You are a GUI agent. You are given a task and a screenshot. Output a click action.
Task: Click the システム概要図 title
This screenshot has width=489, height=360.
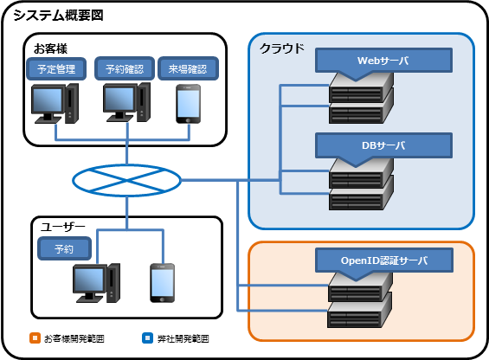tap(58, 16)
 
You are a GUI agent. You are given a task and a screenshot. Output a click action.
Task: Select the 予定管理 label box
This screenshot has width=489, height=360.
tap(56, 69)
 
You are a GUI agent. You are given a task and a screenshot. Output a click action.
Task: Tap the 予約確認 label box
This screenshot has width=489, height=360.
tap(125, 68)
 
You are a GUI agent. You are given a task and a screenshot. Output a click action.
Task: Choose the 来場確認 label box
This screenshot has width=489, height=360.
tap(188, 68)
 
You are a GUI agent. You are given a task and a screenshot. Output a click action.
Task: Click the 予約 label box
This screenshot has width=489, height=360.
tap(64, 248)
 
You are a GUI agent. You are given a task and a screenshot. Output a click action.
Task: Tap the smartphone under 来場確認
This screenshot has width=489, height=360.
tap(189, 104)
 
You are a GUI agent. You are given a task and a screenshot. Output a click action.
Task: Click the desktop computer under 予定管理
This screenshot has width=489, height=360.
tap(55, 104)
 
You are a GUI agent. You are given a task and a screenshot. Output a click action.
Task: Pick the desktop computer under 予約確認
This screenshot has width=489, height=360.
tap(127, 102)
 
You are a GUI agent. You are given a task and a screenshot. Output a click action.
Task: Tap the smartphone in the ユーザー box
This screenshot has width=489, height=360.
tap(162, 283)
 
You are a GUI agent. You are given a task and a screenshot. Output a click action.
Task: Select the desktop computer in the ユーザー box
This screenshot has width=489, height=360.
tap(96, 283)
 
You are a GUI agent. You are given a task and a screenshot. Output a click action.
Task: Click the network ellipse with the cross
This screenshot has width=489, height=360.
tap(126, 180)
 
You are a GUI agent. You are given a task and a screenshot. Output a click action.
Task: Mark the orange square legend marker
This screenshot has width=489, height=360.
tap(35, 337)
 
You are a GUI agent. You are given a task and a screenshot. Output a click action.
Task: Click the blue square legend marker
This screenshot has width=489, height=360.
tap(147, 337)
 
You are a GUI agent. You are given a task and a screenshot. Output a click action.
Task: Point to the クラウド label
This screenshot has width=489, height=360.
tap(281, 48)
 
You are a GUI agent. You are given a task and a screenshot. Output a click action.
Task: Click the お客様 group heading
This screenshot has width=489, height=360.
tap(50, 48)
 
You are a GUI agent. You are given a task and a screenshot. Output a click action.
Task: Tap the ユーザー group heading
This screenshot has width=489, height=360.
tap(63, 227)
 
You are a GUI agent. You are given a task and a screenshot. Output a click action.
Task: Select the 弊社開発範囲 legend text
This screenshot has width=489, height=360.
tap(183, 338)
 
